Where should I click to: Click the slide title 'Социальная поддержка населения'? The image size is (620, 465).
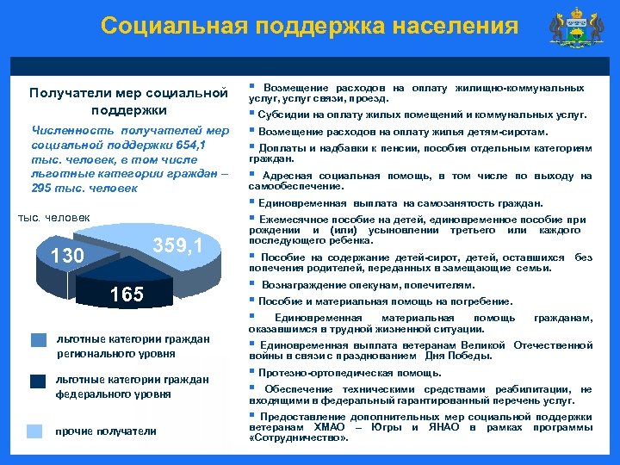(x=309, y=26)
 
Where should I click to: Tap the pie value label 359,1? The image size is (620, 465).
(x=178, y=246)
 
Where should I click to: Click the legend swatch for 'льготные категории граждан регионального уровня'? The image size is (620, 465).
(x=39, y=340)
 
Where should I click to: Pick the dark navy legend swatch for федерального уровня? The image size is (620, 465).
(x=39, y=381)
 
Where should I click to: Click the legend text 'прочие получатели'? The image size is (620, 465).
(x=105, y=431)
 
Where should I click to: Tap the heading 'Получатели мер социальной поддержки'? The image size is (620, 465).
(x=127, y=101)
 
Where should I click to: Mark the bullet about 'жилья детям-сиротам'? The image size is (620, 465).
(x=401, y=132)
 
